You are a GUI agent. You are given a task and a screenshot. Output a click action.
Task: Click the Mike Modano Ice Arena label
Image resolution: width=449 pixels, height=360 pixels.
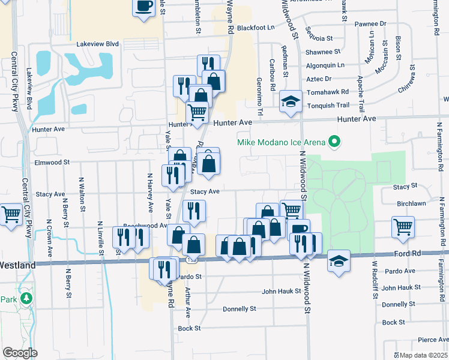pos(281,142)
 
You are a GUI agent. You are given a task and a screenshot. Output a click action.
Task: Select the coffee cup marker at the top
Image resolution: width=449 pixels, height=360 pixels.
pos(143,7)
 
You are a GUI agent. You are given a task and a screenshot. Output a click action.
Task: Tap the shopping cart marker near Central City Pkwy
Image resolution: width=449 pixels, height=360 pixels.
pos(11,214)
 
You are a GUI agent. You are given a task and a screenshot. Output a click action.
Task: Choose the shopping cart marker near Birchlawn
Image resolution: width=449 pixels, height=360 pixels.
pos(403,227)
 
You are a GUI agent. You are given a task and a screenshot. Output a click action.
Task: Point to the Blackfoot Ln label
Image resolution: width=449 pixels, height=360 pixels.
pos(255,28)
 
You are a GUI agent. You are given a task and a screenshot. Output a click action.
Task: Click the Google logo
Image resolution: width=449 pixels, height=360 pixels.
pos(20,353)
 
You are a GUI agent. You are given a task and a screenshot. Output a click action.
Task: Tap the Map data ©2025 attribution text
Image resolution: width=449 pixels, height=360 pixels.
pos(423,355)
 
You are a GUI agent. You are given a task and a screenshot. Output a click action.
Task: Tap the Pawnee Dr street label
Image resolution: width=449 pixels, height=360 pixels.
pos(370,23)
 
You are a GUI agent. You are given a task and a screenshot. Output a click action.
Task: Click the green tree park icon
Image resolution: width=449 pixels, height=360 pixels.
pos(25,298)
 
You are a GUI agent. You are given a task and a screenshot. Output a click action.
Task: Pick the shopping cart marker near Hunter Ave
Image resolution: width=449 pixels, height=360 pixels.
pos(197,111)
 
